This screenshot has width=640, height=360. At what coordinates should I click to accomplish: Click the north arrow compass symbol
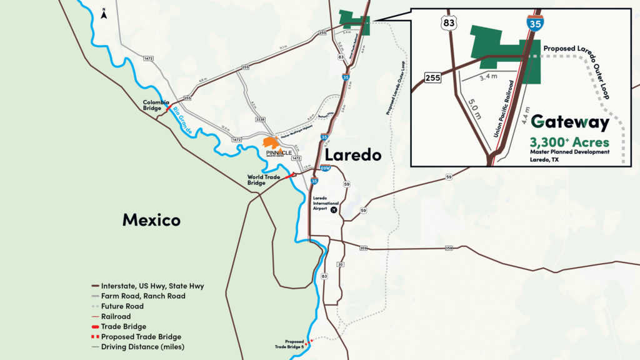coord(104,11)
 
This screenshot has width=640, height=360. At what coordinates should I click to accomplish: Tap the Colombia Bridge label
coord(156,105)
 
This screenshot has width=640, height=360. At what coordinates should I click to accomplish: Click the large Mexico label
coord(151,219)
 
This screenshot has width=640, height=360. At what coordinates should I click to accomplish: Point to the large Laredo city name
coord(352,154)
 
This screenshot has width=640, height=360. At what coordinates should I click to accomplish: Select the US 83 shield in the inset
coord(449,24)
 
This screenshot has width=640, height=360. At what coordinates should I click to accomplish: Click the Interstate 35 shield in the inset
coord(534,23)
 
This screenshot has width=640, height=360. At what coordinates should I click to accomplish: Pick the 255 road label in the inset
coord(432,77)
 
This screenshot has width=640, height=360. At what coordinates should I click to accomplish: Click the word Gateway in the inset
coord(569,122)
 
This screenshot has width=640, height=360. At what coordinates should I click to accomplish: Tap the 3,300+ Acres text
coord(569,142)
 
